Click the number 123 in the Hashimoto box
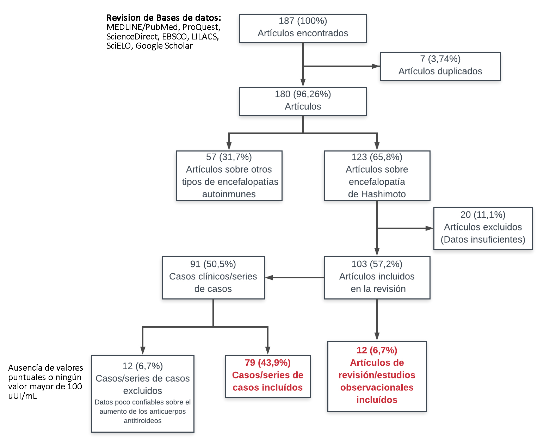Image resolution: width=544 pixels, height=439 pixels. [359, 157]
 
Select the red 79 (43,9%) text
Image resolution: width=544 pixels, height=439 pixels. [268, 363]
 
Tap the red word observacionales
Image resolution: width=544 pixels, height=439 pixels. [377, 388]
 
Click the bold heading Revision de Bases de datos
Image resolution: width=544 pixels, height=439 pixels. [163, 18]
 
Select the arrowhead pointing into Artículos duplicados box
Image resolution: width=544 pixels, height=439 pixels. [376, 66]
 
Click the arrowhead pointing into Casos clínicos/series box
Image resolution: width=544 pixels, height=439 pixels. [269, 278]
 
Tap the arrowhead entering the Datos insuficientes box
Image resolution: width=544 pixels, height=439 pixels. [429, 228]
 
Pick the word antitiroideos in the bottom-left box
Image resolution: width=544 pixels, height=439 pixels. [143, 421]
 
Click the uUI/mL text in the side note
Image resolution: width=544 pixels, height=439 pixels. [23, 396]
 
